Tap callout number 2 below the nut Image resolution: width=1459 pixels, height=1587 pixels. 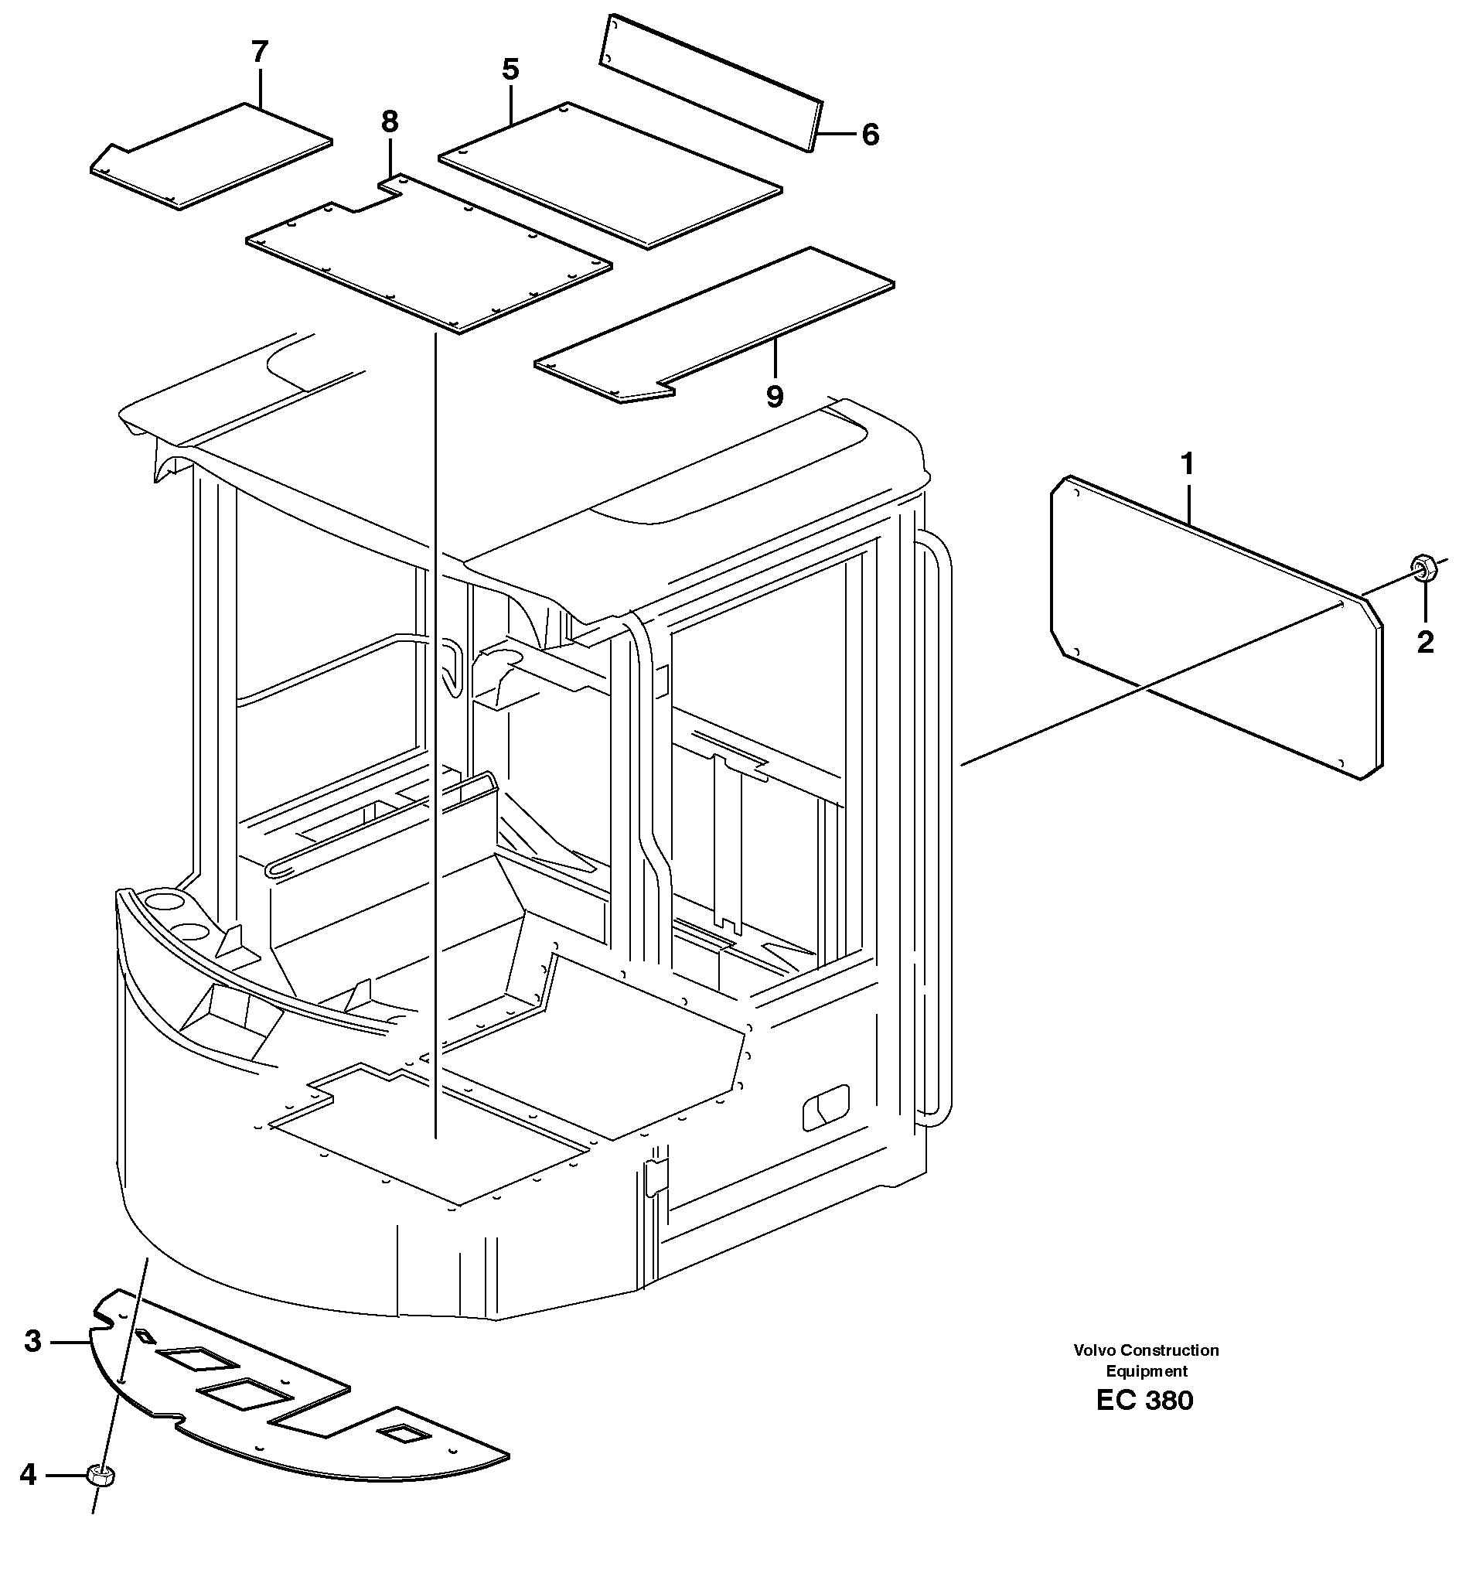[x=1424, y=643]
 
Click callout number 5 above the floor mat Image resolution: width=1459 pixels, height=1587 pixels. [x=511, y=70]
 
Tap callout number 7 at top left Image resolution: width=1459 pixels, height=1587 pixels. [x=260, y=53]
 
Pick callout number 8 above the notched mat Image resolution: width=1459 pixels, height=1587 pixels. [x=389, y=121]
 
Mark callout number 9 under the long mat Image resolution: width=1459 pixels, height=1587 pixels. [x=775, y=396]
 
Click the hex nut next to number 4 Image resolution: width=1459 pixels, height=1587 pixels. [x=101, y=1473]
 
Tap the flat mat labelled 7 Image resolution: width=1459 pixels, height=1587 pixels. [x=213, y=158]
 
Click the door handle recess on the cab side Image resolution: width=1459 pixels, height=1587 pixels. [x=826, y=1107]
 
